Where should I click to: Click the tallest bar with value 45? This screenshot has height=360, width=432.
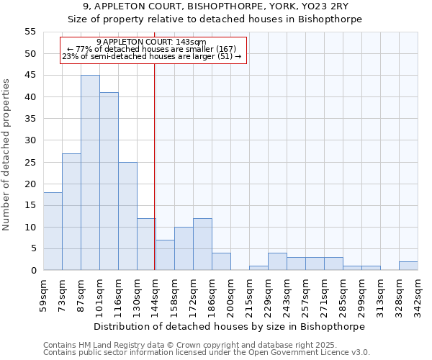(90, 173)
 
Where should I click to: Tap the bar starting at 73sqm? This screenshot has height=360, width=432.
(71, 212)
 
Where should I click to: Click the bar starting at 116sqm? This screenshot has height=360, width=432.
(127, 216)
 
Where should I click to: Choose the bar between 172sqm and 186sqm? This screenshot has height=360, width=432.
(202, 244)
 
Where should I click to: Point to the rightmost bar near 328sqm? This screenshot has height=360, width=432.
(408, 266)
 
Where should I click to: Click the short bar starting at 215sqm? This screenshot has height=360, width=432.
(258, 268)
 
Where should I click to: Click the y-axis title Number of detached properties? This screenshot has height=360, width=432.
(7, 154)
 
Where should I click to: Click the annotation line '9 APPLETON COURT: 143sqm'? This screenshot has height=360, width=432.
(151, 42)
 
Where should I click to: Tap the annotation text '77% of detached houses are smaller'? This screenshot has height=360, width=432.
(151, 49)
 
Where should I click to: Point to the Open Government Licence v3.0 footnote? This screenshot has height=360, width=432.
(207, 352)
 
